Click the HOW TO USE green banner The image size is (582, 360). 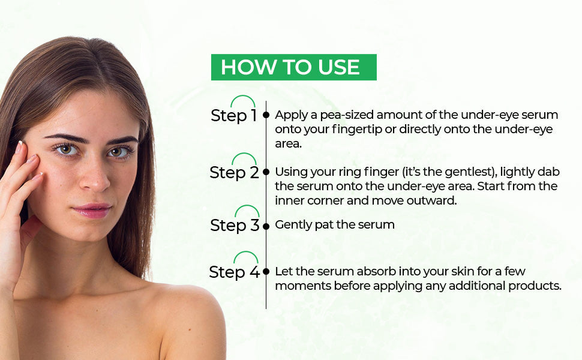click(293, 67)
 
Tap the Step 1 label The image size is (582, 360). click(233, 115)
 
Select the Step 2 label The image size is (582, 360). click(234, 173)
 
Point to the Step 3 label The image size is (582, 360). click(235, 226)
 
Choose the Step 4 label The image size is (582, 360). click(234, 272)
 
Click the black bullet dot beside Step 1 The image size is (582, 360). click(266, 113)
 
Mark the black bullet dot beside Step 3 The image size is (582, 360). click(266, 226)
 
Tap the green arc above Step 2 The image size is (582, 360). click(244, 158)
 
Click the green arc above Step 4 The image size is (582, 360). click(245, 257)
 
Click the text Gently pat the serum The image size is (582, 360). click(334, 225)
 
